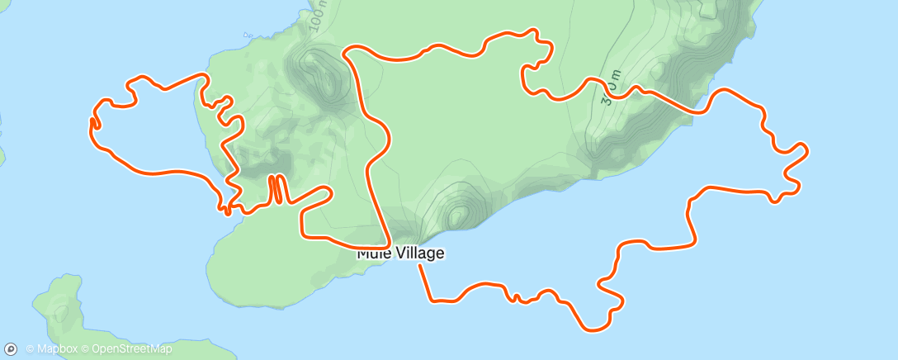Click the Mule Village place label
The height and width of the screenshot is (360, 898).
401,253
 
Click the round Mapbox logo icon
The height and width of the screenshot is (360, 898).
12,348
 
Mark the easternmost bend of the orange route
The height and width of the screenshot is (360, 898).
806,150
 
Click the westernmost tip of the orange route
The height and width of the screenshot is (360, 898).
90,122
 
